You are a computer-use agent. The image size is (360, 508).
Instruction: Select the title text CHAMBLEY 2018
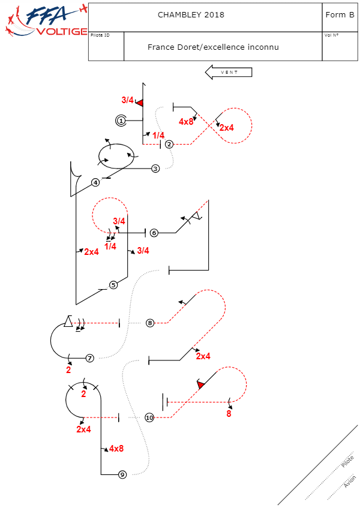click(x=191, y=14)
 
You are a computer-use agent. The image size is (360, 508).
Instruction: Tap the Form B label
click(x=339, y=14)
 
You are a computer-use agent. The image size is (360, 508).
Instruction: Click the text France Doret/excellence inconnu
click(x=213, y=47)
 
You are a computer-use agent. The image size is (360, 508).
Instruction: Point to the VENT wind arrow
click(x=229, y=73)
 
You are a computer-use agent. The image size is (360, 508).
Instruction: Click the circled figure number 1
click(x=121, y=121)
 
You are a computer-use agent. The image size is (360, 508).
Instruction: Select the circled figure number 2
click(x=169, y=144)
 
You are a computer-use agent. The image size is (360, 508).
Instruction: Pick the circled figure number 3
click(x=155, y=169)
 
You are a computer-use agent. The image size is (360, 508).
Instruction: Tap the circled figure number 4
click(x=95, y=182)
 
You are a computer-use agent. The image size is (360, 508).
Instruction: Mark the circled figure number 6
click(x=154, y=233)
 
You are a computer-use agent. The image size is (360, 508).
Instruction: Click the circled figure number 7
click(x=89, y=358)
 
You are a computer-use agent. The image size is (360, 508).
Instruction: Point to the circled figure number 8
click(x=150, y=323)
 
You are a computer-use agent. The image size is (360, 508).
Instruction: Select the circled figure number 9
click(x=122, y=474)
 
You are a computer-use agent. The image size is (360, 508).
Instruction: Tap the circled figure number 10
click(x=149, y=417)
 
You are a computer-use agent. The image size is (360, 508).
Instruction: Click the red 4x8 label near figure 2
click(x=186, y=121)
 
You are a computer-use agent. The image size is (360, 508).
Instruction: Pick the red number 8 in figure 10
click(x=229, y=413)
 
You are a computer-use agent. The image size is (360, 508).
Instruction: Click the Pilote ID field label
click(x=100, y=35)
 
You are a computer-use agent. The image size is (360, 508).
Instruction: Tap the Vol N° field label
click(x=331, y=35)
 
